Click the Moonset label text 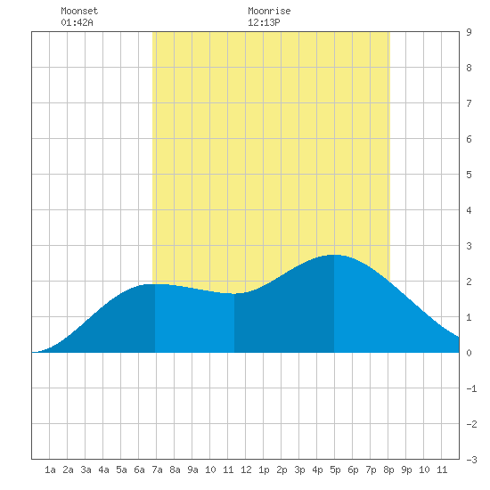(79, 11)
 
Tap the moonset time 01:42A (77, 22)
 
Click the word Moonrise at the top (269, 11)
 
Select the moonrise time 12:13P (264, 22)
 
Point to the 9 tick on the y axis (469, 32)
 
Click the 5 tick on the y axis (469, 175)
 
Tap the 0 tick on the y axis (469, 353)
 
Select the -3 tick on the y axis (471, 460)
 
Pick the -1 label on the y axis (471, 388)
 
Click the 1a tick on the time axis (50, 470)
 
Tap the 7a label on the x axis (157, 470)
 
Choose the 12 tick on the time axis (246, 470)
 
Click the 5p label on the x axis (335, 470)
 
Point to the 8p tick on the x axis (388, 470)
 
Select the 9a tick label (192, 470)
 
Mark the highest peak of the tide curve (333, 255)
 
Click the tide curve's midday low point (234, 294)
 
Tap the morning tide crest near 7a (155, 284)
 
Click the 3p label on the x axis (299, 470)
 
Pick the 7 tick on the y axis (469, 103)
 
